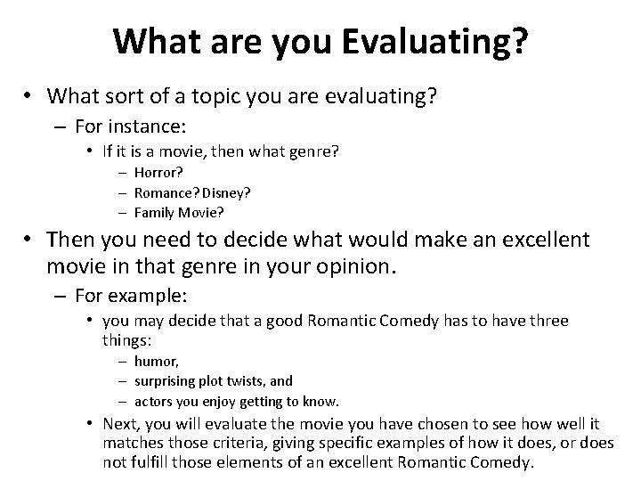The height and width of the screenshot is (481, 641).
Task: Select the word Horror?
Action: tap(158, 173)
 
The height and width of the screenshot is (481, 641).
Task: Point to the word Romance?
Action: tap(167, 192)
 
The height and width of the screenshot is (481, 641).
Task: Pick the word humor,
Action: tap(157, 361)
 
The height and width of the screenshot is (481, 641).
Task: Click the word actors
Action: tap(152, 401)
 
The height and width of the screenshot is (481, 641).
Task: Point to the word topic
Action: tap(231, 95)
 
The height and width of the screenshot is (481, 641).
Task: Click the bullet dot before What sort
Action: tap(29, 95)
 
